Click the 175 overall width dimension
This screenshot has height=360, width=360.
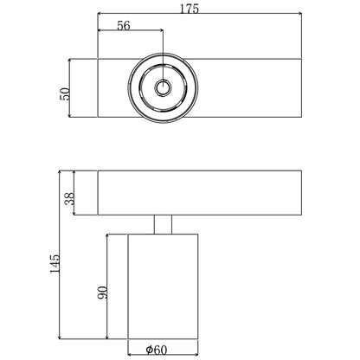[x=190, y=10]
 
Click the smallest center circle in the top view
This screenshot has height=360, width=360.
[x=162, y=89]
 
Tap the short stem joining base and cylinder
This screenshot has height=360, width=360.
[x=161, y=224]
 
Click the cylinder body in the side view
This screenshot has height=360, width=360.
[x=161, y=286]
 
